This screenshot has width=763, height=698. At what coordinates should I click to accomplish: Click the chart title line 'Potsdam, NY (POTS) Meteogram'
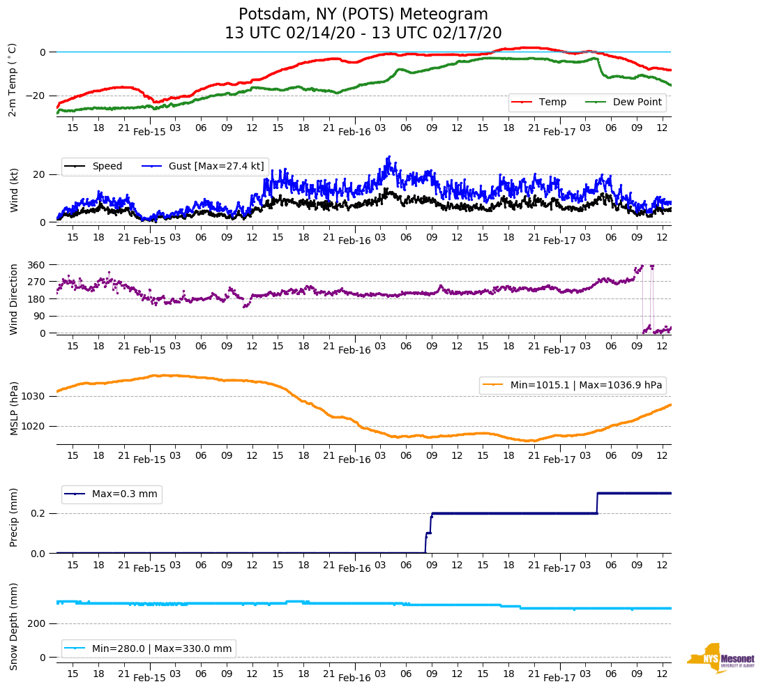pos(363,15)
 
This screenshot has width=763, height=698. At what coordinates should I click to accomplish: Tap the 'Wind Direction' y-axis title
pos(14,299)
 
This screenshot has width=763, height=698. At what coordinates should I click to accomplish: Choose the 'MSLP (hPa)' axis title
pos(14,409)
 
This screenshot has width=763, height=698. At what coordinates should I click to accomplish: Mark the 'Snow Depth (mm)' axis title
pos(14,626)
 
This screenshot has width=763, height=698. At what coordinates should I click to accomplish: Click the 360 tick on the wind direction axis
pos(36,265)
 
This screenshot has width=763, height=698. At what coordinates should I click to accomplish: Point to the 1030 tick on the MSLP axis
pos(33,397)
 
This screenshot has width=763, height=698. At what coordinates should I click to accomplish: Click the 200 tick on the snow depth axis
pos(36,624)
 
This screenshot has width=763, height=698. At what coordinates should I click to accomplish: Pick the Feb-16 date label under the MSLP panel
pos(354,459)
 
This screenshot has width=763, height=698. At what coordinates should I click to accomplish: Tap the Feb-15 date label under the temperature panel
pos(149,131)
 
